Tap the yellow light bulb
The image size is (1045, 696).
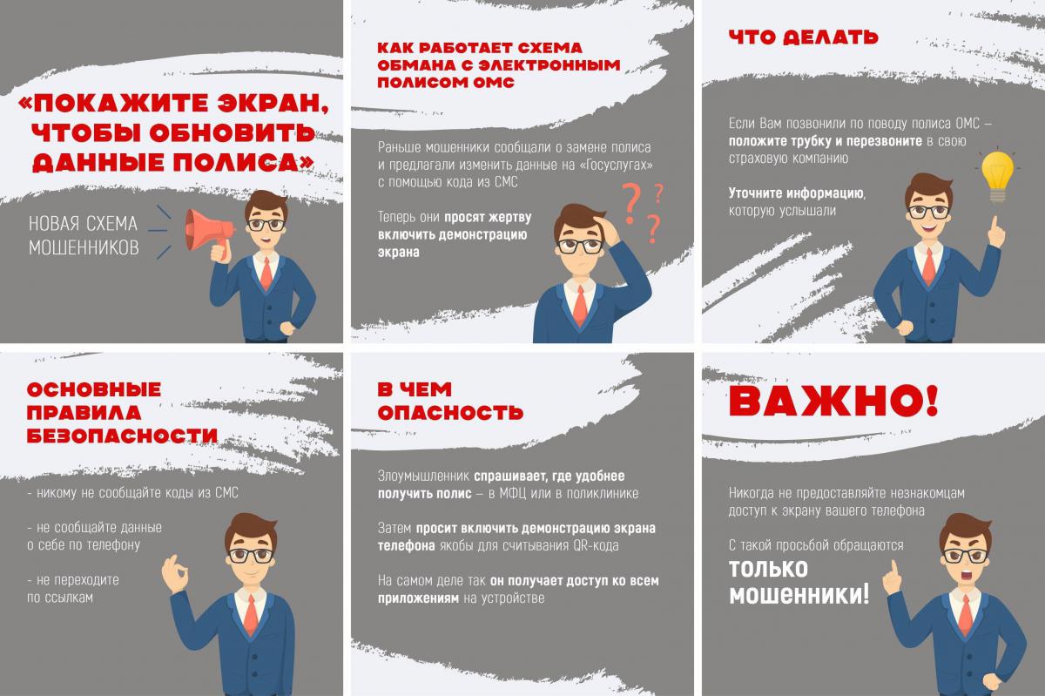(997, 176)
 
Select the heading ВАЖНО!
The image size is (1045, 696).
(833, 401)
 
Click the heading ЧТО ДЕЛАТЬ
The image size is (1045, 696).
(803, 37)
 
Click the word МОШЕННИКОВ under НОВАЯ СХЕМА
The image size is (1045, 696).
(84, 248)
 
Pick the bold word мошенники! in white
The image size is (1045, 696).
(799, 595)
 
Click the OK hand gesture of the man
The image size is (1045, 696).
(175, 574)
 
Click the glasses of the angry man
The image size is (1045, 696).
(965, 556)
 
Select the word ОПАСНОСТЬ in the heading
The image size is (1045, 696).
(451, 413)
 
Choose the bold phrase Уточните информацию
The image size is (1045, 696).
(796, 193)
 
